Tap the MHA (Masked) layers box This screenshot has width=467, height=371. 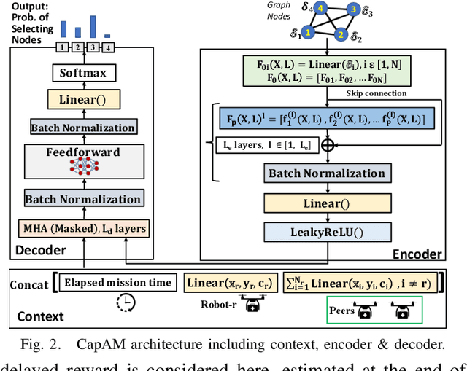(82, 229)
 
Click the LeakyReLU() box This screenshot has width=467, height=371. (326, 232)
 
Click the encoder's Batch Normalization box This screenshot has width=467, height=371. (326, 173)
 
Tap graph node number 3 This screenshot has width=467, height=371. (352, 9)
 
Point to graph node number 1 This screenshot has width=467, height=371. (308, 33)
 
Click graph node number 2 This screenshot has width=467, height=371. (340, 34)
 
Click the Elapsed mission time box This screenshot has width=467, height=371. (117, 283)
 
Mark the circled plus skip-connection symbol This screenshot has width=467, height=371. (326, 144)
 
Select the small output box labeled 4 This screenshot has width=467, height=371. (108, 48)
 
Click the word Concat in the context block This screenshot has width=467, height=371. (28, 284)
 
